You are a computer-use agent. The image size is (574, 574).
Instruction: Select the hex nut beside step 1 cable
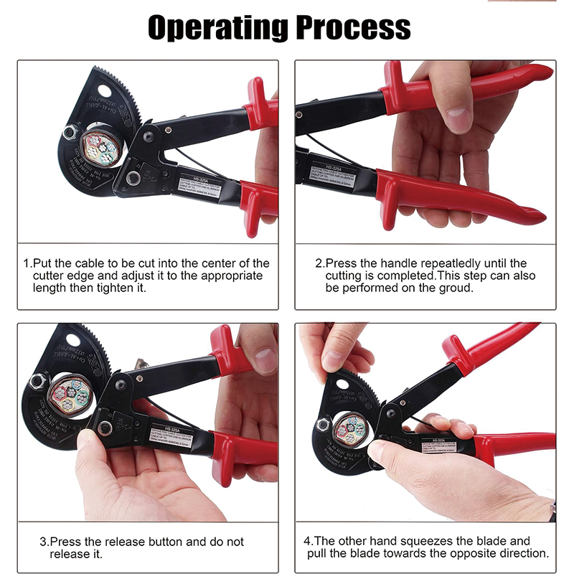[x=70, y=132]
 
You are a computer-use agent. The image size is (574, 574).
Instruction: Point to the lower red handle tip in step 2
[x=535, y=213]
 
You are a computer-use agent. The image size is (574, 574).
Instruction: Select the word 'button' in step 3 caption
[x=179, y=542]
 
